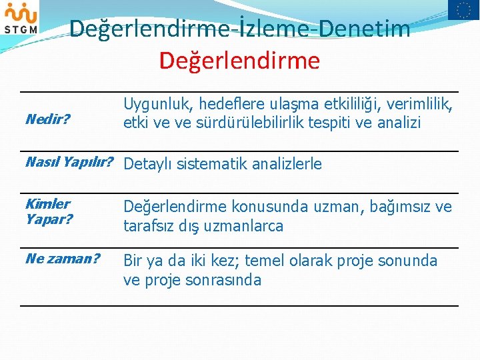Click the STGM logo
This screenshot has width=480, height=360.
(x=20, y=18)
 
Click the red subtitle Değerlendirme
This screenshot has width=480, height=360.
(x=239, y=61)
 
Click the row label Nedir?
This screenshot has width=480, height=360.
(x=47, y=119)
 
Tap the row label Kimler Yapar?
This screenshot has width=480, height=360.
(x=49, y=211)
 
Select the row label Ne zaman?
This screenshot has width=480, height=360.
(x=63, y=258)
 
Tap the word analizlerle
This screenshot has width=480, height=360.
(x=286, y=164)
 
